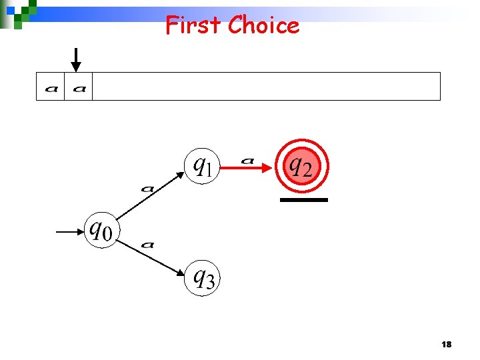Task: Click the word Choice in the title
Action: click(x=263, y=25)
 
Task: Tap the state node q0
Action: click(x=102, y=231)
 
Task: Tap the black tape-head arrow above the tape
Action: click(x=77, y=59)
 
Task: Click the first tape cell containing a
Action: click(x=51, y=87)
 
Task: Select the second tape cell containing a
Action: click(x=79, y=87)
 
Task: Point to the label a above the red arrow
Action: click(x=247, y=160)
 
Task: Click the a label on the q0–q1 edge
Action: click(x=147, y=189)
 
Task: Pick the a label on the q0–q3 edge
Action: click(x=148, y=244)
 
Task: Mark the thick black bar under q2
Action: click(x=304, y=199)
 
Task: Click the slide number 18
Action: click(x=447, y=344)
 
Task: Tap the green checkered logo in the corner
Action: click(x=18, y=11)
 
